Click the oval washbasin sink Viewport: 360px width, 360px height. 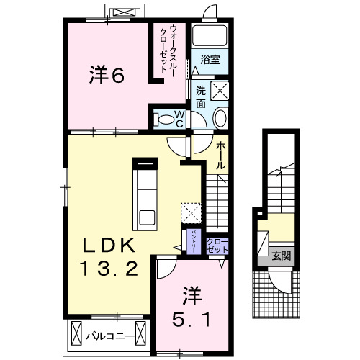coord(220,118)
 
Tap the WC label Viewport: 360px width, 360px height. coord(179,119)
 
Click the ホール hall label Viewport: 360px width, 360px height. coord(221,155)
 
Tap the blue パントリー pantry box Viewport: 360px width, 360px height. coord(194,240)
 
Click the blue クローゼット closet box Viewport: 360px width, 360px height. coord(217,244)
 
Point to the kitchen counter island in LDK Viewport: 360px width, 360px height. coord(147,192)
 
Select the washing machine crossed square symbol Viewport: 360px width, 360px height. coord(219,90)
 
